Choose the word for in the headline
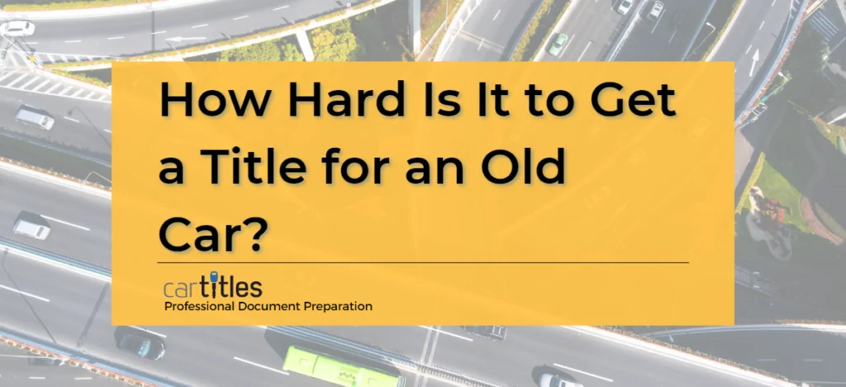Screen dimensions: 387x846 coord(373,170)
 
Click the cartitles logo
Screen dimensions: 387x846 coord(213,287)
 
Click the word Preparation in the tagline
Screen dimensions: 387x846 coord(341,306)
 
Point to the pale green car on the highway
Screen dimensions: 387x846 coord(558,43)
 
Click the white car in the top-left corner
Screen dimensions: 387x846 coord(17,28)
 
